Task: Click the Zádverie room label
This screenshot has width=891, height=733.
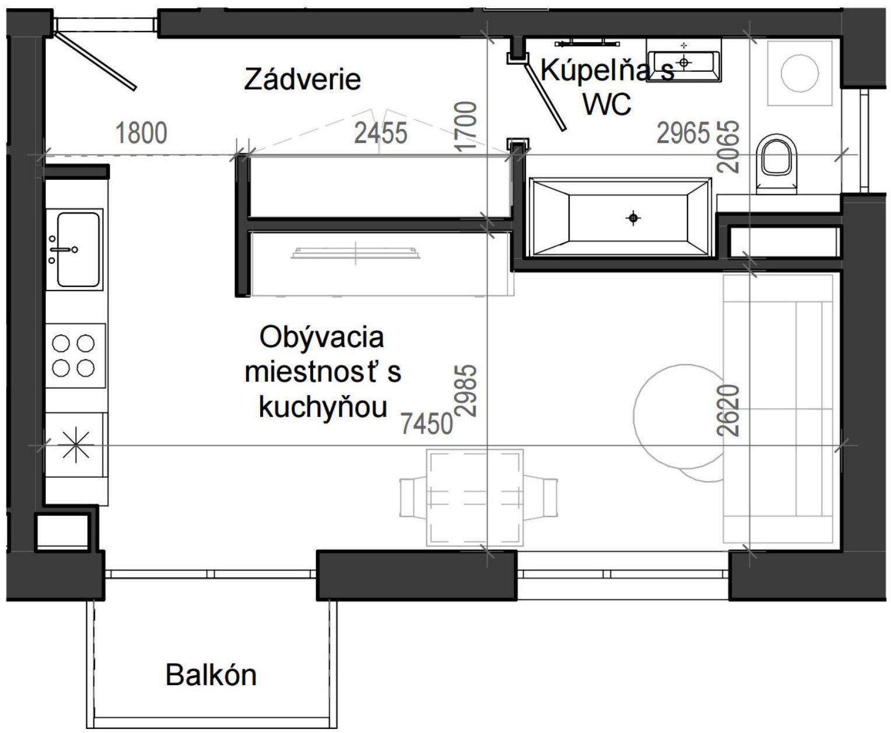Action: coord(302,79)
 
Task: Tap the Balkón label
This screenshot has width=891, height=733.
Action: coord(211,675)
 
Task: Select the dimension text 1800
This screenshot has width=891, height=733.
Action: coord(141,133)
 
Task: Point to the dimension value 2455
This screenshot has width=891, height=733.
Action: coord(381,134)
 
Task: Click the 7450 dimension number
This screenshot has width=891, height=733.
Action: coord(427,424)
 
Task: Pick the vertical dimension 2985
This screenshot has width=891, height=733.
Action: coord(466,390)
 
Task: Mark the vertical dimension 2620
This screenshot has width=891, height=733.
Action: coord(729,410)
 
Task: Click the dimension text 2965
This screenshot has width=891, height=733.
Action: coord(683,132)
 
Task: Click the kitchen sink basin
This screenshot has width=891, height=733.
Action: coord(78,249)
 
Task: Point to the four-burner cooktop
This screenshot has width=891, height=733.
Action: coord(74,356)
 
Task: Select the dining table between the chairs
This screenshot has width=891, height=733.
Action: coord(473,497)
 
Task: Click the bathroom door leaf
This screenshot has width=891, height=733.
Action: coord(544,96)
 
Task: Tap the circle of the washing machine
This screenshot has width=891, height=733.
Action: coord(798,73)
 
